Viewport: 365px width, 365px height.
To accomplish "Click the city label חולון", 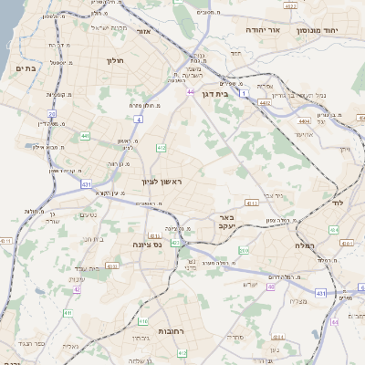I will [x=114, y=62].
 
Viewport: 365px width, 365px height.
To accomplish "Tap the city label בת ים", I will [x=26, y=68].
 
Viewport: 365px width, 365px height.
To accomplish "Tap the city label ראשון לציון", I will [x=162, y=182].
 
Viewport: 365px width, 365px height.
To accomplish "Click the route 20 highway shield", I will [x=51, y=114].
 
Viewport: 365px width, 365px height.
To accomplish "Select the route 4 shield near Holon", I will [x=137, y=119].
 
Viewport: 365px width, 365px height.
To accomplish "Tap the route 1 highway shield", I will [x=245, y=93].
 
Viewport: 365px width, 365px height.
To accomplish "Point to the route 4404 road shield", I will [x=303, y=120].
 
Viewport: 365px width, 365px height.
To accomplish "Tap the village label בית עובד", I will [x=87, y=267].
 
